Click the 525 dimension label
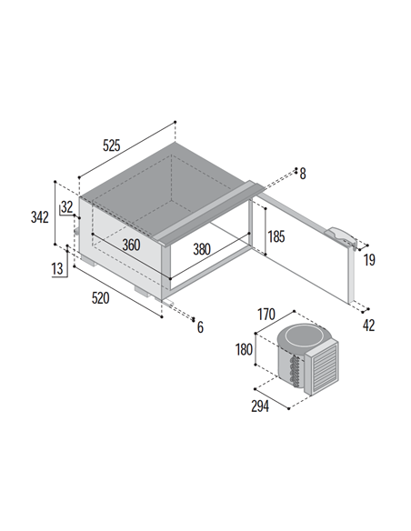tap(111, 145)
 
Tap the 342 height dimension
tap(40, 217)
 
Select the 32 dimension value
tap(66, 207)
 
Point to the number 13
tap(57, 268)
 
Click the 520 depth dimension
tap(101, 298)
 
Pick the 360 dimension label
tap(131, 245)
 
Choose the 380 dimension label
tap(202, 249)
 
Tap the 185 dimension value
tap(276, 236)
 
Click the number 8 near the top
tap(303, 174)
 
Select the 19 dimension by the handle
tap(369, 260)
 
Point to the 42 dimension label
tap(368, 326)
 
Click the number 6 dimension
tap(200, 327)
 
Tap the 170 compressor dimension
tap(266, 315)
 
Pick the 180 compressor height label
tap(244, 349)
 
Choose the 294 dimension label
tap(260, 406)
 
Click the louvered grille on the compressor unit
tap(325, 367)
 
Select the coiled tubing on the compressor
tap(294, 370)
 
